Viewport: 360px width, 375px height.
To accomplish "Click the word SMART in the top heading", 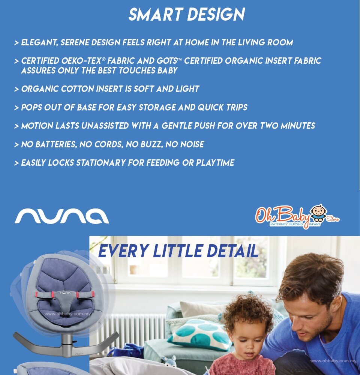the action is click(x=156, y=15).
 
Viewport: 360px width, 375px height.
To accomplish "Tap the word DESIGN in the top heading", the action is click(x=216, y=15).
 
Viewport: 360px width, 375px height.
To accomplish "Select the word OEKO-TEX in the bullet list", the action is click(x=81, y=61).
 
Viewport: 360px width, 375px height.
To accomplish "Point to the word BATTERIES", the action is click(x=56, y=144).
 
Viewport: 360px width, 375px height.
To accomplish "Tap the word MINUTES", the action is click(x=298, y=126).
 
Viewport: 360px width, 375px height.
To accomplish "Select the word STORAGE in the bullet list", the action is click(x=157, y=107).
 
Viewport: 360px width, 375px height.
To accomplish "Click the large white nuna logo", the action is click(x=62, y=216).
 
